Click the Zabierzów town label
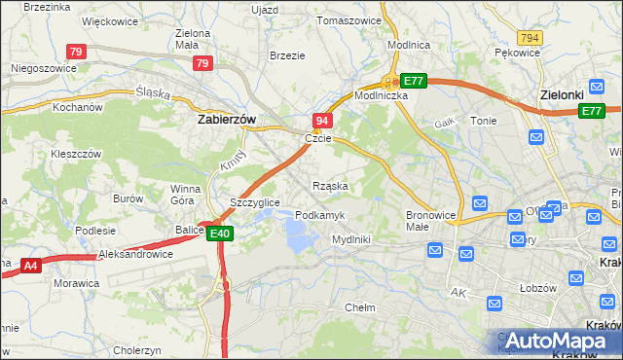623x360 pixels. click(x=226, y=119)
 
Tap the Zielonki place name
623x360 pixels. click(x=562, y=94)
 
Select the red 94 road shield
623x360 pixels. click(x=322, y=120)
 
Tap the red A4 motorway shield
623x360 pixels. click(x=30, y=264)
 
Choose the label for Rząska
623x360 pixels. click(x=330, y=185)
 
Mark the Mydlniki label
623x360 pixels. click(x=350, y=238)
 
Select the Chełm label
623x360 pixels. click(x=360, y=307)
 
